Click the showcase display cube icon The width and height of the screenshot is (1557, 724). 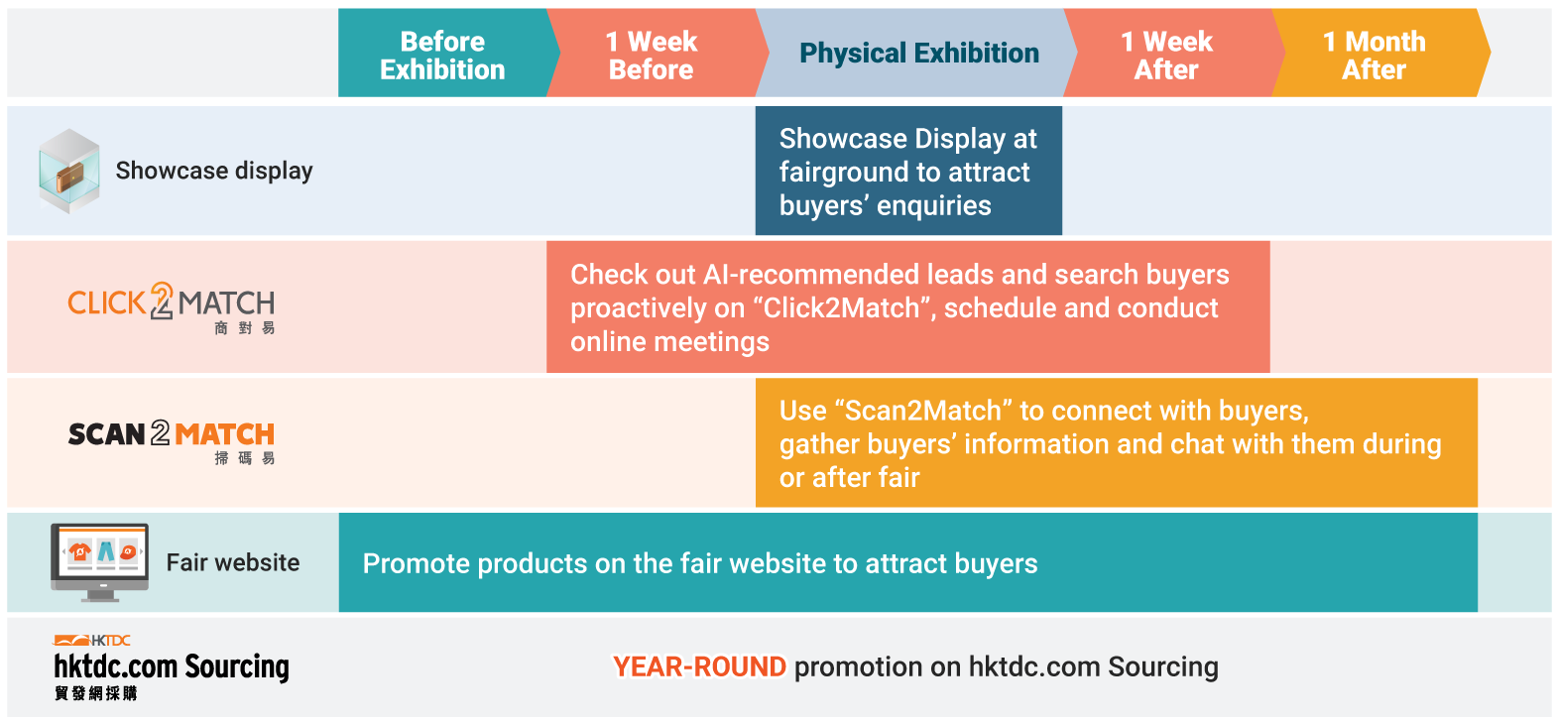coord(68,171)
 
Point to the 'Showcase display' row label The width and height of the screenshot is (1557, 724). coord(214,171)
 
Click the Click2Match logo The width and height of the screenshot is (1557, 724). coord(171,307)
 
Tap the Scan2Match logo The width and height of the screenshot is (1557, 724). coord(171,441)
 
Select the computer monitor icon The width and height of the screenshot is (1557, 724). coord(99,562)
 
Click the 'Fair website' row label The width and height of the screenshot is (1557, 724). coord(233,562)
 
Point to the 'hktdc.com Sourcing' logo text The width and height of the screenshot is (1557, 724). coord(172,666)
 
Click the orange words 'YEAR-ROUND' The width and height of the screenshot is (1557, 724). coord(699,667)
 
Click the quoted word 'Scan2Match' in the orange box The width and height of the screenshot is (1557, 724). coord(928,411)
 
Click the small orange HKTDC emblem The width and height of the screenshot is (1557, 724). coord(92,640)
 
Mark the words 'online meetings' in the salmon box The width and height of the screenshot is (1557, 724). coord(670,342)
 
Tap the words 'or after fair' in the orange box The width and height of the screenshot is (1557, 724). coord(849,478)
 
